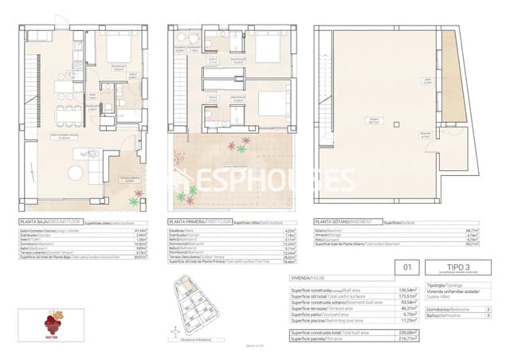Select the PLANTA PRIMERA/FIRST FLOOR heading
click(198, 223)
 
